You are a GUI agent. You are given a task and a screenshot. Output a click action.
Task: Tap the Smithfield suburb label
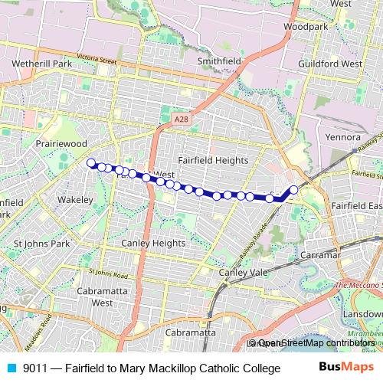(x=219, y=60)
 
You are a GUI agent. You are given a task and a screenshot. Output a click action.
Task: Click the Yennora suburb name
(x=342, y=137)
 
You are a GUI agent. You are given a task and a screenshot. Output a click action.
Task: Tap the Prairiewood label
(x=64, y=143)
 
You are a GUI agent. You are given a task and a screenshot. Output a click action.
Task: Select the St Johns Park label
(x=42, y=244)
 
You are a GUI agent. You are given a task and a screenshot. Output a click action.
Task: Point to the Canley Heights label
(x=153, y=244)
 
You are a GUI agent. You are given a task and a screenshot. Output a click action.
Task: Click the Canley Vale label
(x=243, y=272)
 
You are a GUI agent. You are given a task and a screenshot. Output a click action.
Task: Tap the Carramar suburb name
(x=321, y=253)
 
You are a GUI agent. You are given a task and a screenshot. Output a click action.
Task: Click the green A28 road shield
(x=180, y=119)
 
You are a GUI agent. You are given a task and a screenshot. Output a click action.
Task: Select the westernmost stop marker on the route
(x=91, y=162)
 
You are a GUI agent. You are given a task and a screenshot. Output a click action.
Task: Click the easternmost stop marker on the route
(x=293, y=189)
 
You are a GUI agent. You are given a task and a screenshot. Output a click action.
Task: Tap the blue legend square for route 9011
(x=10, y=368)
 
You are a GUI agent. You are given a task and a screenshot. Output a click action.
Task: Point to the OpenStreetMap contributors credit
(x=315, y=343)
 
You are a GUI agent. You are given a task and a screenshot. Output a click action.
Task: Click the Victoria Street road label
(x=97, y=60)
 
